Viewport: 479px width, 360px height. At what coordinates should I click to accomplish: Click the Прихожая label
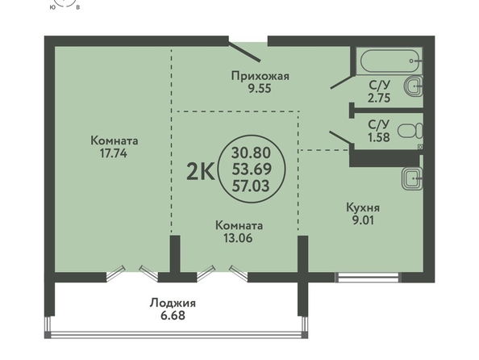coord(260,76)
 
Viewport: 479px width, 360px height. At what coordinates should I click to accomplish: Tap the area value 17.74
coord(114,153)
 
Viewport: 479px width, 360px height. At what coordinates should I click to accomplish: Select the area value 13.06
coord(238,238)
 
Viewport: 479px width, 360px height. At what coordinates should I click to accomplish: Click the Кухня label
coord(363,207)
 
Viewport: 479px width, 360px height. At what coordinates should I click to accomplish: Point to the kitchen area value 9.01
coord(363,220)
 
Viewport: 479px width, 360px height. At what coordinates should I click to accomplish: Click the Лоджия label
coord(173,303)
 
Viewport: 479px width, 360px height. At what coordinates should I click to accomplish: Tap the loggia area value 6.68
coord(173,316)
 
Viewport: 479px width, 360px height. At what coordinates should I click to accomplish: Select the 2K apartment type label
coord(201,173)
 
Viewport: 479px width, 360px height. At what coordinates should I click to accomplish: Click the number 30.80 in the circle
coord(251,153)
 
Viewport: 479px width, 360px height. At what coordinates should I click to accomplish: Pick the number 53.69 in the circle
coord(252,170)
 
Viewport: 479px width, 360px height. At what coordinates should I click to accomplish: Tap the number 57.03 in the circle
coord(251,186)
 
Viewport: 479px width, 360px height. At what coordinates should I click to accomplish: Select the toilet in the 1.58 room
coord(410,132)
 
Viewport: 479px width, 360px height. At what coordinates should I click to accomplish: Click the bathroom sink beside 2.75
coord(414,86)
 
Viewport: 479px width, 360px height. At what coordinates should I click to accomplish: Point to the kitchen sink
coord(412,178)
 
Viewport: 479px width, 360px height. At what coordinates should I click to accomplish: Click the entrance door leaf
coord(244,52)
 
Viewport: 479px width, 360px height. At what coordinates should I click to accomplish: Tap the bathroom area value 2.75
coord(379,98)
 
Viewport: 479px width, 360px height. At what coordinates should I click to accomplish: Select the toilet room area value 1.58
coord(379,137)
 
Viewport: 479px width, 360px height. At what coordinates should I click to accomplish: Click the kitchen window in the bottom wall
coord(367,278)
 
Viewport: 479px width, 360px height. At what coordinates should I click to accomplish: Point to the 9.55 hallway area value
coord(260,89)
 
